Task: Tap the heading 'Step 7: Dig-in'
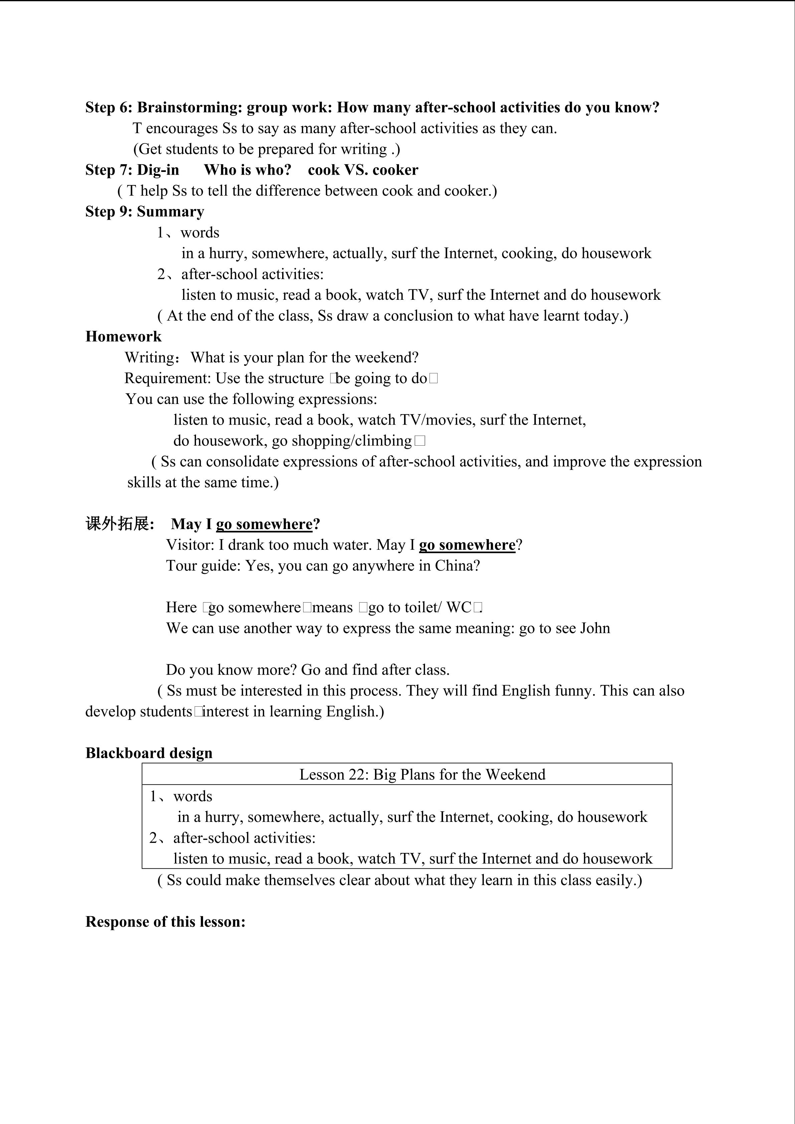pos(132,170)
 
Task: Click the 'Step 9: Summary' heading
pos(145,212)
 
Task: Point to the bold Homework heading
pos(123,336)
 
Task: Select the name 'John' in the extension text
pos(595,628)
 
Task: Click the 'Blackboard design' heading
pos(149,753)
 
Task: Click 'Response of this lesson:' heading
pos(166,922)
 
